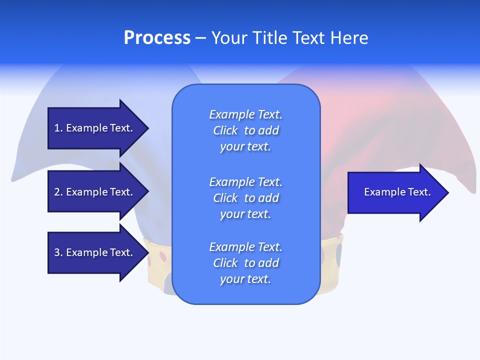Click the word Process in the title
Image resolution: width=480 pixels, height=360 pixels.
click(x=157, y=38)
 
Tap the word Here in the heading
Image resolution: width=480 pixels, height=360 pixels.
click(x=349, y=38)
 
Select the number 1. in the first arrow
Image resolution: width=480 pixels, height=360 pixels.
click(x=58, y=128)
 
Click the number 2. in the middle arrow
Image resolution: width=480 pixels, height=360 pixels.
click(x=58, y=192)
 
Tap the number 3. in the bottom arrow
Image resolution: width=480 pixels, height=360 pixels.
click(x=58, y=252)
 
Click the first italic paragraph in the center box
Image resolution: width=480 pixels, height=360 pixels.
click(x=245, y=130)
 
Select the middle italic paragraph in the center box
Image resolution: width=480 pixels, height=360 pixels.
click(x=245, y=198)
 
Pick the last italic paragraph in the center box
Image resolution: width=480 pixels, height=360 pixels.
click(x=245, y=263)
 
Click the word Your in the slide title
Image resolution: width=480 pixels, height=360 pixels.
click(x=228, y=38)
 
